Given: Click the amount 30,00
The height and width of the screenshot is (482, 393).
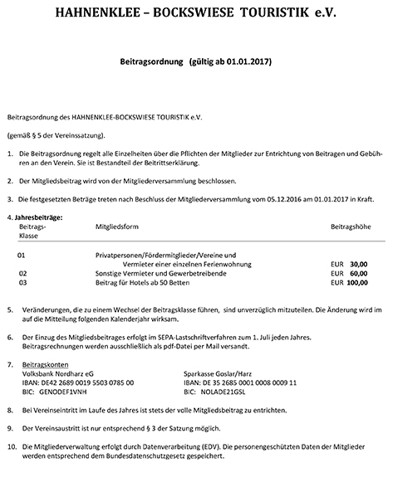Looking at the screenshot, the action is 358,264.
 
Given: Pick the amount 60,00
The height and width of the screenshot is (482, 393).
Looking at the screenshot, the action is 358,273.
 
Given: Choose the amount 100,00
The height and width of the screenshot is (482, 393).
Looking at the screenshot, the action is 356,283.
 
